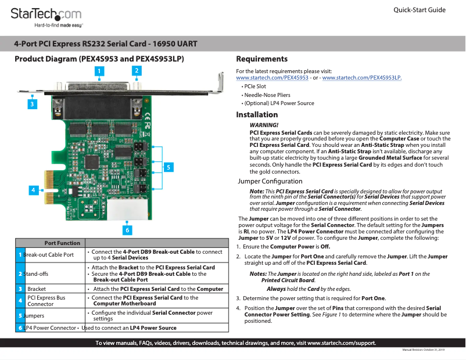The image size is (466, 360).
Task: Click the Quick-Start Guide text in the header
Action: (x=420, y=10)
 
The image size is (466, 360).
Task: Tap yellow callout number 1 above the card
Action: (x=100, y=71)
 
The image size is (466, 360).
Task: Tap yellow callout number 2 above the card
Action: (x=136, y=70)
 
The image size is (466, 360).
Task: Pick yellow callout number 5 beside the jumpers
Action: (x=168, y=167)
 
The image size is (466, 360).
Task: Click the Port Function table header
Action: (x=62, y=243)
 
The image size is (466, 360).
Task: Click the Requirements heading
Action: (x=261, y=59)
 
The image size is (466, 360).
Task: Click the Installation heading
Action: (x=257, y=115)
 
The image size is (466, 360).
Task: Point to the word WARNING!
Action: (x=263, y=125)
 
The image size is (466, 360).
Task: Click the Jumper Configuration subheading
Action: (x=270, y=182)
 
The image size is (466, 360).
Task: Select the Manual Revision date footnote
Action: (x=423, y=350)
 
